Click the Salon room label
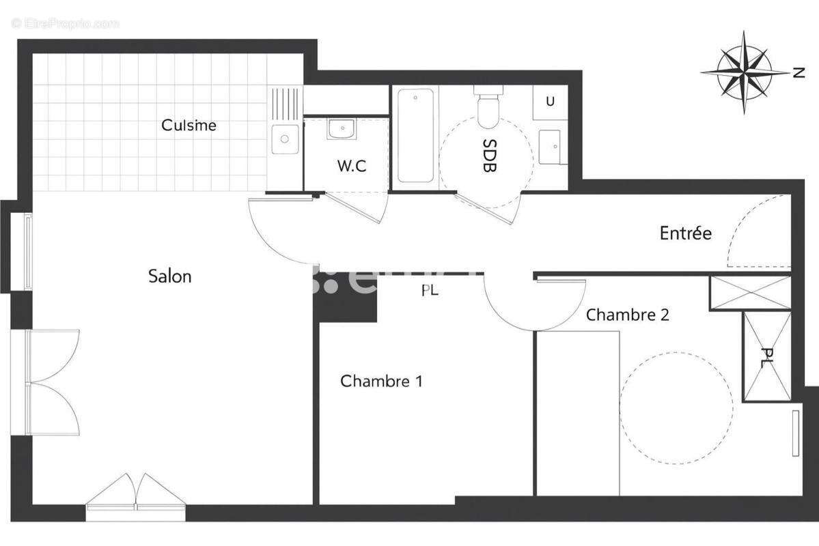170,276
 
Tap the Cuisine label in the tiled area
189,126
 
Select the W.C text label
352,166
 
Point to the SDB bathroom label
489,156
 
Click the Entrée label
685,233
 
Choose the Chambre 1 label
381,381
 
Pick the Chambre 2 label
627,315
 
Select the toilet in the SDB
489,109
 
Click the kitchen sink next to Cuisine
283,139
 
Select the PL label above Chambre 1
429,291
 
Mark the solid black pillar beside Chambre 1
346,298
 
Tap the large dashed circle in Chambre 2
676,408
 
